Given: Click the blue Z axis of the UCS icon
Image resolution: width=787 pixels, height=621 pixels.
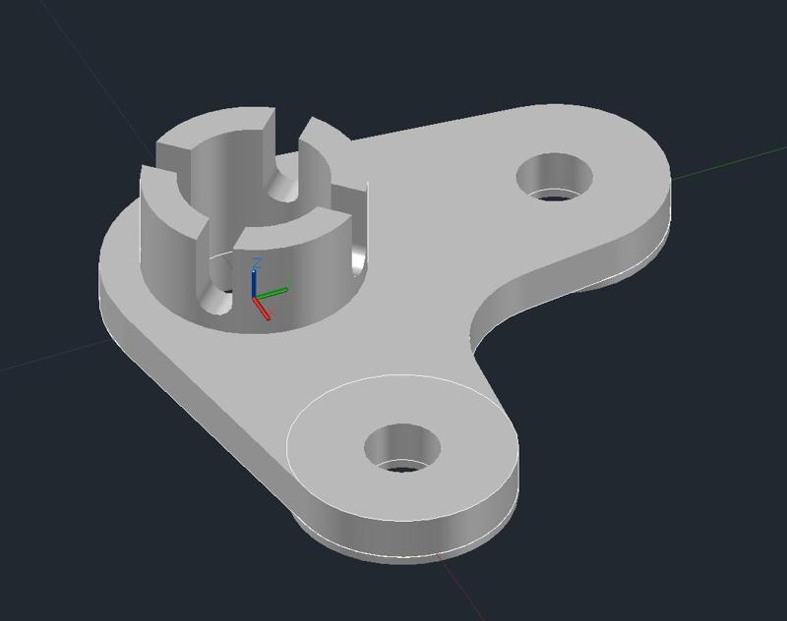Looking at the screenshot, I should point(254,280).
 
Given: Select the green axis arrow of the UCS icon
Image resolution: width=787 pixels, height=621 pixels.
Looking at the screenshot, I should point(275,291).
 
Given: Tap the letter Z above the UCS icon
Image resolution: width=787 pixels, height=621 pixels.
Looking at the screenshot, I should point(256,263).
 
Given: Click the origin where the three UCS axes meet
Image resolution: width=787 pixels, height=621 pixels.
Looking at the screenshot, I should point(254,296).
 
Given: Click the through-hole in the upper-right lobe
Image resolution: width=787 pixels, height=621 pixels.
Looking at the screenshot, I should point(556,178).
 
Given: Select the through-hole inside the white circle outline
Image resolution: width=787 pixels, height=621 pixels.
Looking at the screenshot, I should point(402,449).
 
